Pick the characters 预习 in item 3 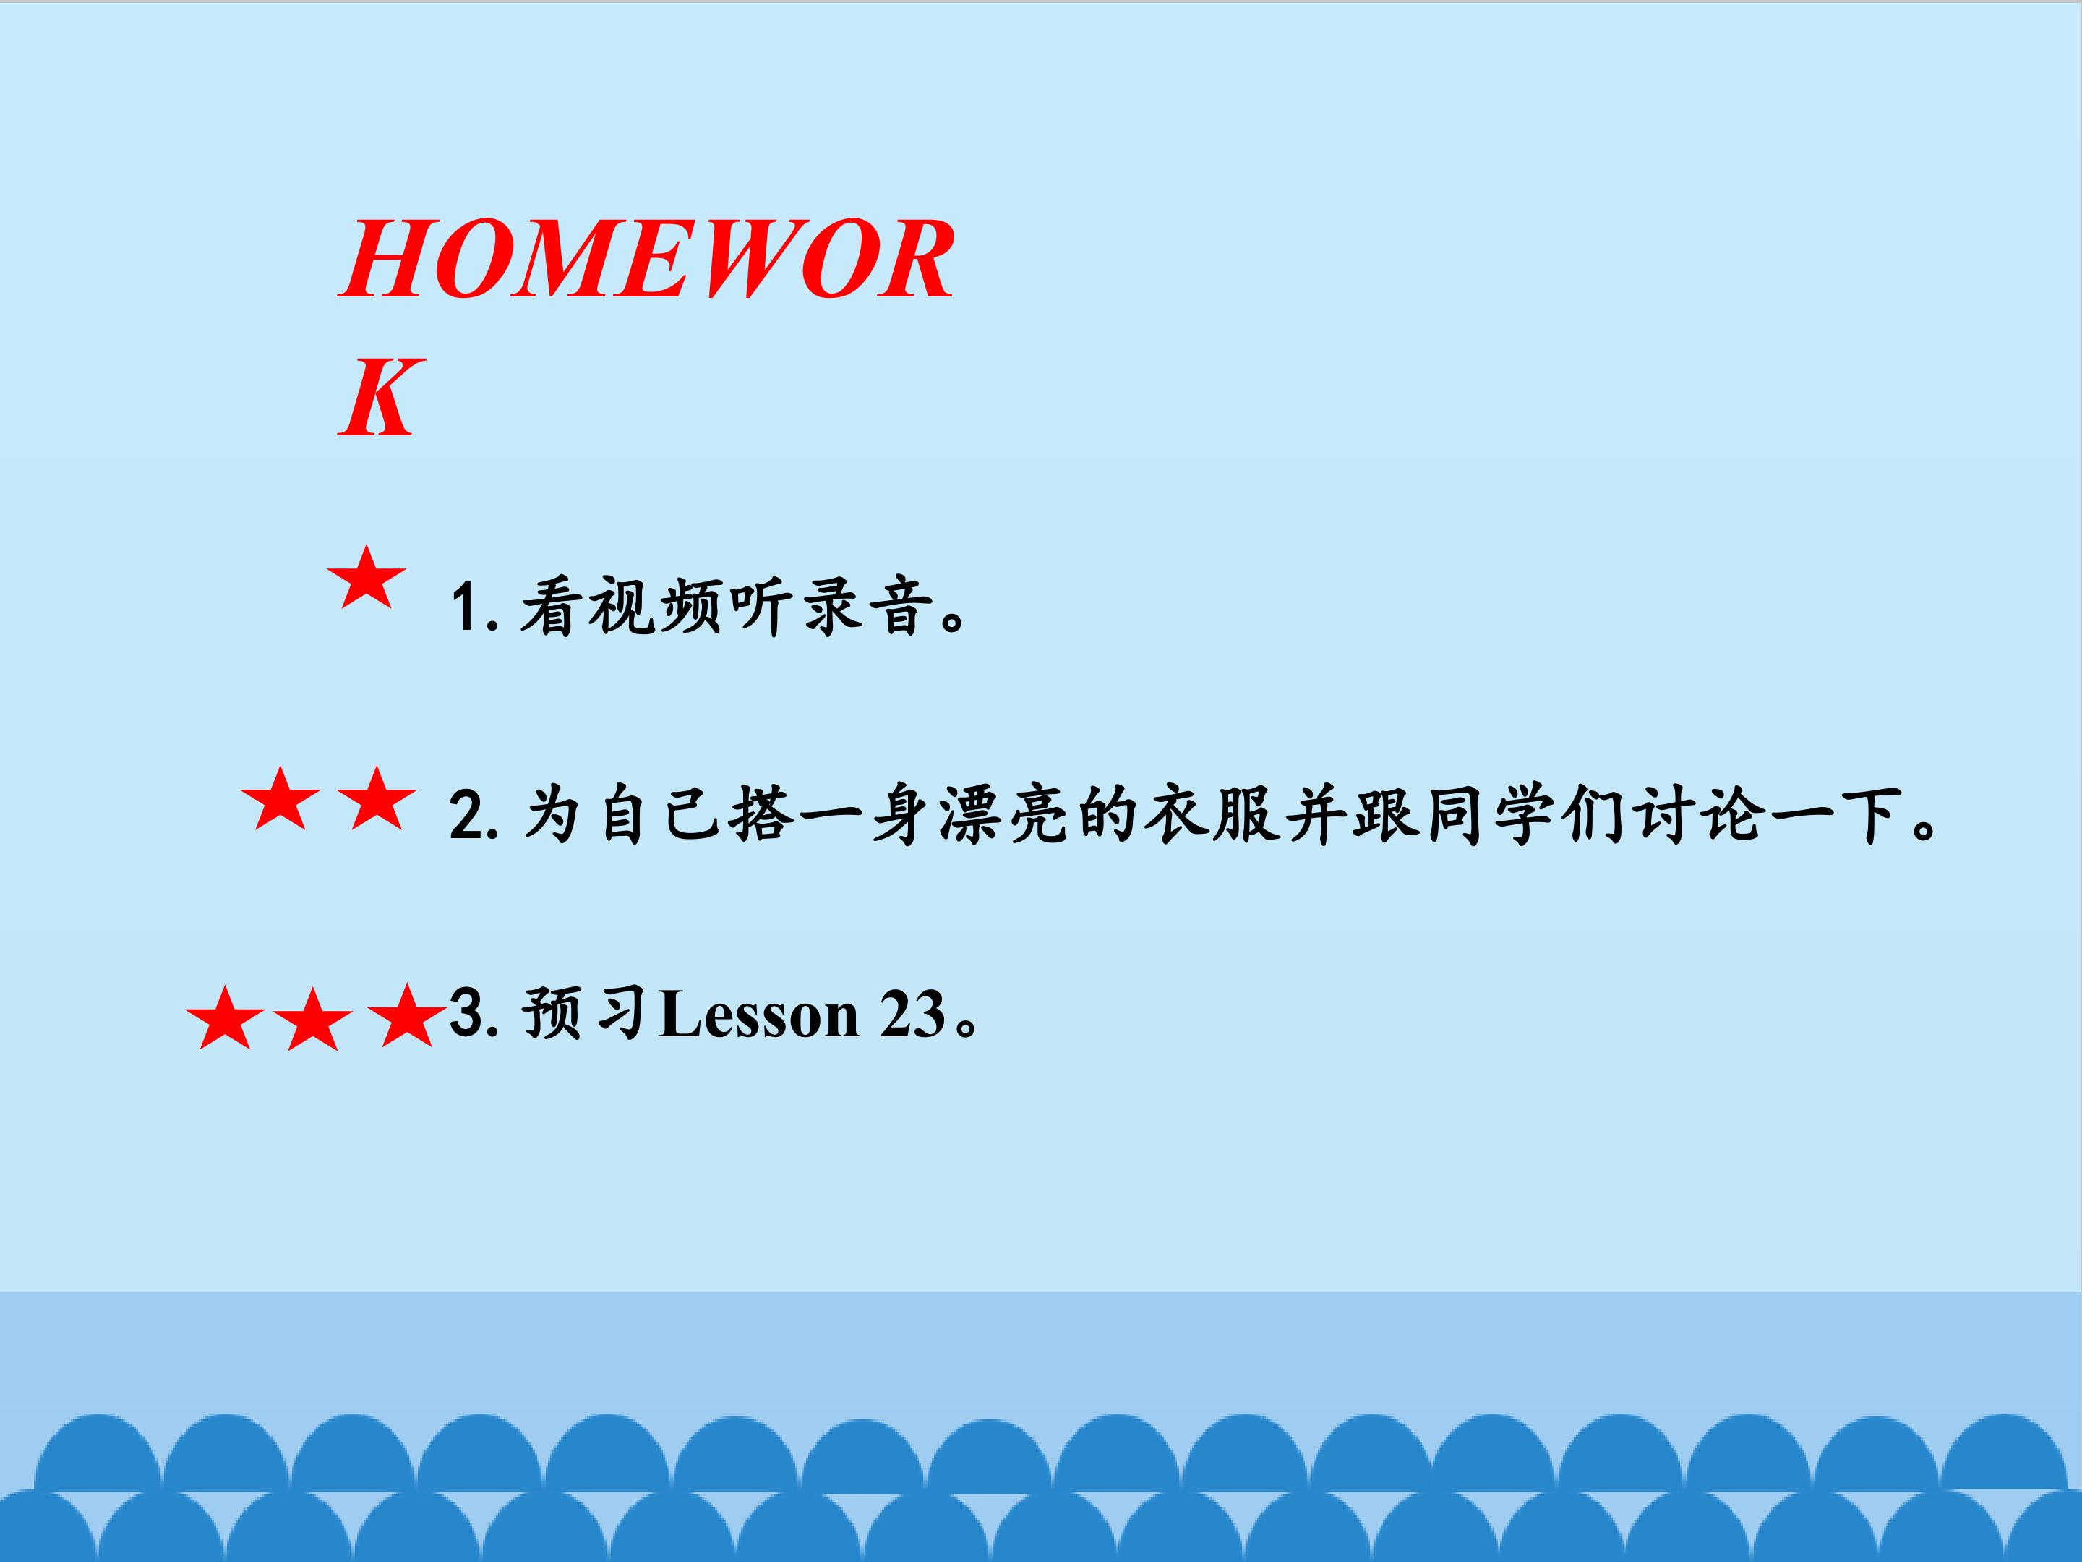585,1013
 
